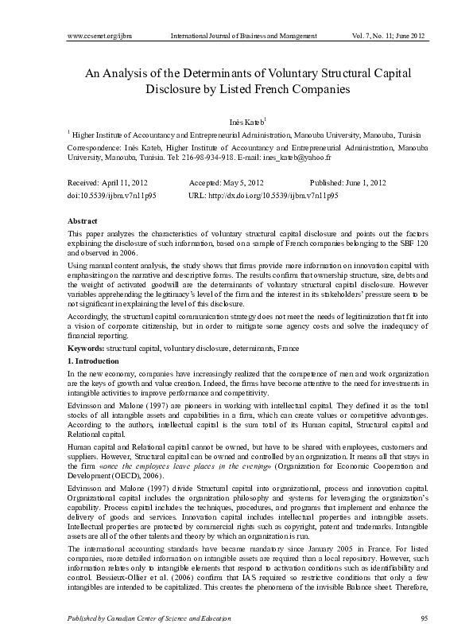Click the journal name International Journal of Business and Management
(x=244, y=37)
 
